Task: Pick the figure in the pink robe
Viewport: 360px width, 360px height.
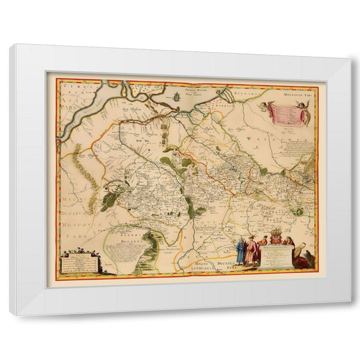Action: (255, 255)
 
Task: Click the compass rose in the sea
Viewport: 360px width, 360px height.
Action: (178, 96)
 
